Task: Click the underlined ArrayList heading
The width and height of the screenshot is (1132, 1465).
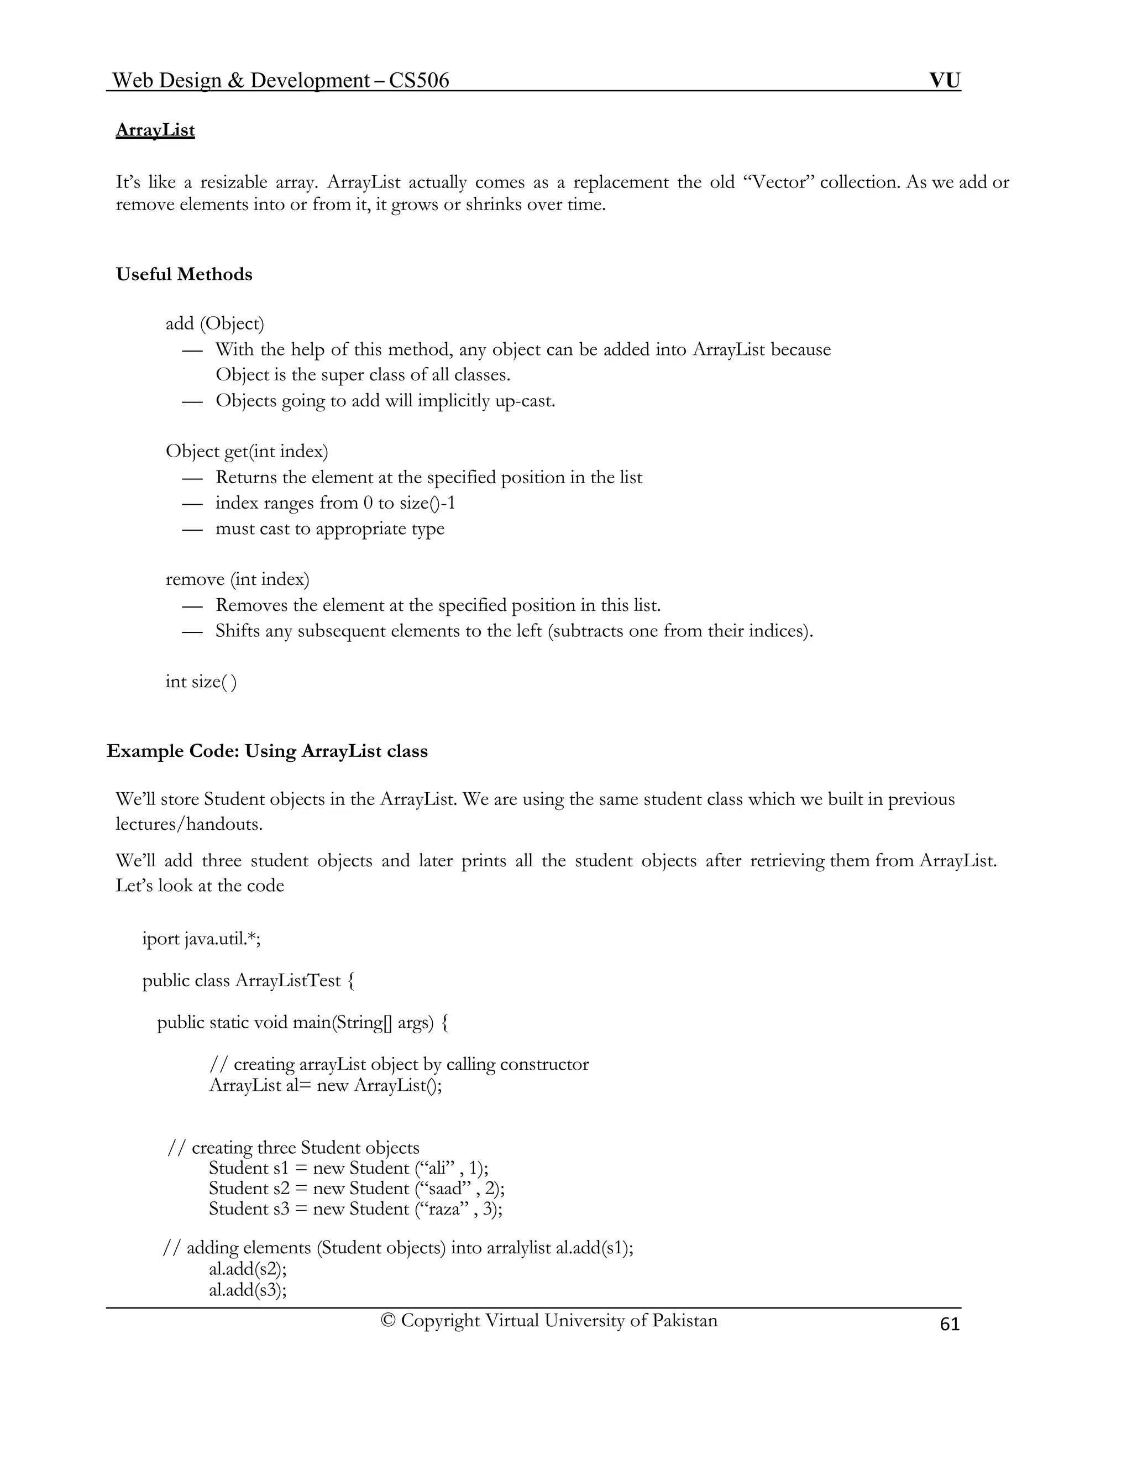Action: click(x=155, y=130)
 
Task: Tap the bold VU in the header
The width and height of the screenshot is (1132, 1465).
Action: click(x=944, y=81)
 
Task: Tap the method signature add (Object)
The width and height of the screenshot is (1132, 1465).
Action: click(x=214, y=324)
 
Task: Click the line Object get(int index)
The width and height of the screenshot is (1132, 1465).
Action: click(x=247, y=452)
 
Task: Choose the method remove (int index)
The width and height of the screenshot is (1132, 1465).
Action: click(x=237, y=579)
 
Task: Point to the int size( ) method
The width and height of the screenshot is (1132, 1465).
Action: click(x=201, y=682)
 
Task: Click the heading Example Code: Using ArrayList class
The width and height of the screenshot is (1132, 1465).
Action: click(x=267, y=751)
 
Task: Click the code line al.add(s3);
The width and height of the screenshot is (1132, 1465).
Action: click(x=248, y=1289)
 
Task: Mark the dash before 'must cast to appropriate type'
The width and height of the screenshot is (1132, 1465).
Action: click(x=192, y=529)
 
